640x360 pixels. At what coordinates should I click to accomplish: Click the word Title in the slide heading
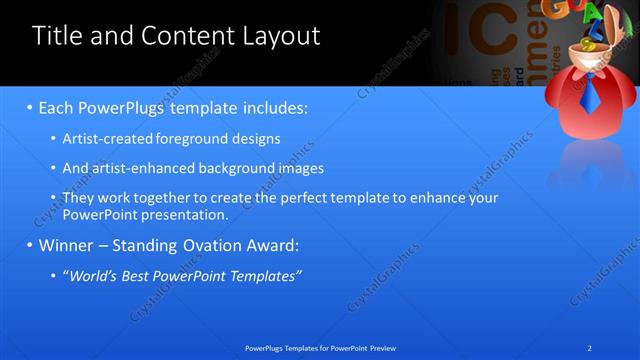click(56, 36)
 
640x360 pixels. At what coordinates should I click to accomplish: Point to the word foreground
click(200, 139)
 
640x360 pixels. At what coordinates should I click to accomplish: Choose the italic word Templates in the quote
click(266, 275)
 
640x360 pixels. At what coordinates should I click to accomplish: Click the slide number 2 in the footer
click(590, 348)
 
